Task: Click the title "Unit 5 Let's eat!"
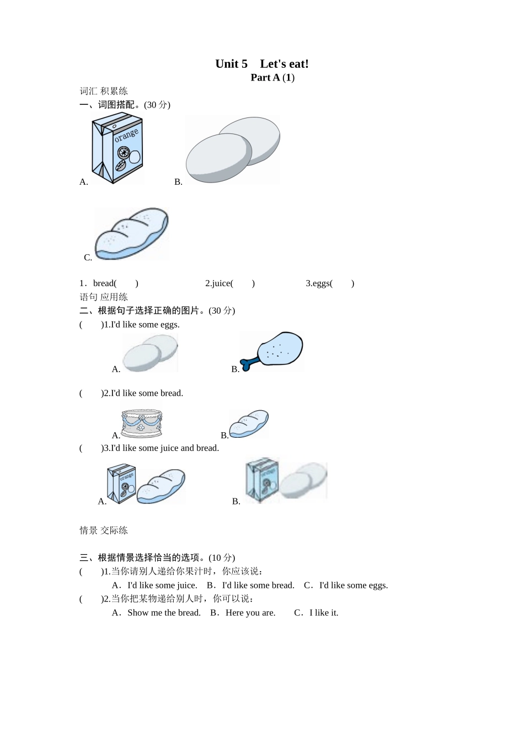pos(261,64)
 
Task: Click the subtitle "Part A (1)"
pos(272,78)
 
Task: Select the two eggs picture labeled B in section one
pos(232,149)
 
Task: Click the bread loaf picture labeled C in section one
pos(131,234)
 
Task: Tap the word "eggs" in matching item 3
pos(320,283)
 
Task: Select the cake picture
pos(142,423)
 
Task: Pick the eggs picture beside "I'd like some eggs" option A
pos(150,353)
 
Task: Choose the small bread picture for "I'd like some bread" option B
pos(249,424)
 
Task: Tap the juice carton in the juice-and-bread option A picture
pos(121,484)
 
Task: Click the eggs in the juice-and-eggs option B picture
pos(303,480)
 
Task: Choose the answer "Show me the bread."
pos(164,613)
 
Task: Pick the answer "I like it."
pos(324,613)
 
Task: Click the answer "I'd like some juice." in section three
pos(162,586)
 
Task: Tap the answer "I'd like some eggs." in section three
pos(354,586)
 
